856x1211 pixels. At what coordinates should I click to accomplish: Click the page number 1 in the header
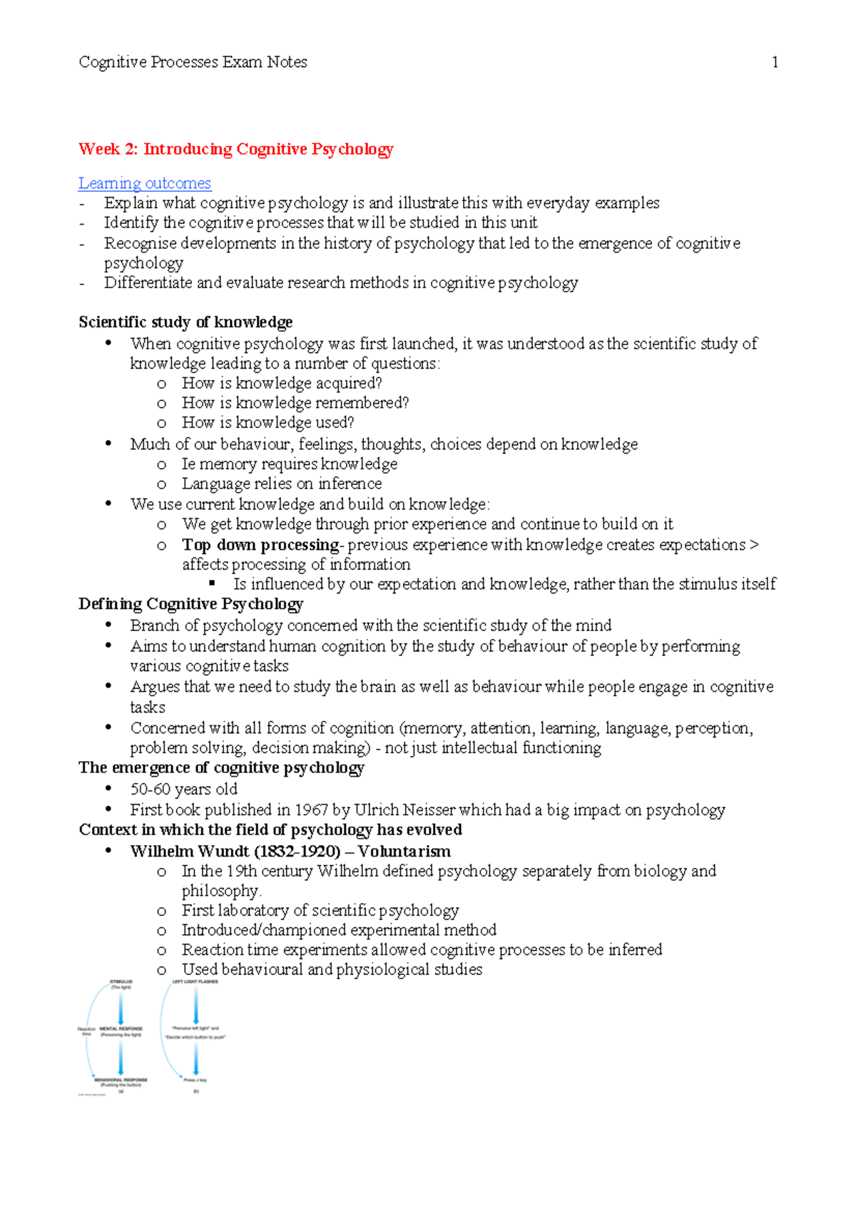pos(775,63)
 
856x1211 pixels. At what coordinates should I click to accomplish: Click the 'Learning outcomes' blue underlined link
pos(145,183)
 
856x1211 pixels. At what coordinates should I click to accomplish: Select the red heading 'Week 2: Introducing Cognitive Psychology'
pos(236,149)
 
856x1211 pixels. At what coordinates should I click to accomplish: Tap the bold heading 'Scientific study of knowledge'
pos(185,322)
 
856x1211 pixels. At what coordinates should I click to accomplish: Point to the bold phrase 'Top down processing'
pos(260,545)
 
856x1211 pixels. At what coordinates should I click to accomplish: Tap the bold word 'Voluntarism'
pos(404,852)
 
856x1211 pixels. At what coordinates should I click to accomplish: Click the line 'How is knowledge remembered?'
pos(295,403)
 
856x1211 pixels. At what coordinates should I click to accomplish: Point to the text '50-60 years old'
pos(183,790)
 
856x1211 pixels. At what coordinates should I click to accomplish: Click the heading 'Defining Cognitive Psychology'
pos(190,605)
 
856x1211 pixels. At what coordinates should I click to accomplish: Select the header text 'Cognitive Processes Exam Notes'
pos(193,63)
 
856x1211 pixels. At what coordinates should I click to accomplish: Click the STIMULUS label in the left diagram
pos(121,982)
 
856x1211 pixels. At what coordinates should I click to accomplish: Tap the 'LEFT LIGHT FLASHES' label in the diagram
pos(195,982)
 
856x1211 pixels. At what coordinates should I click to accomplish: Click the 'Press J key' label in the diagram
pos(195,1080)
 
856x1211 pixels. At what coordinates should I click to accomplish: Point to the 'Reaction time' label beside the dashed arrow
pos(86,1031)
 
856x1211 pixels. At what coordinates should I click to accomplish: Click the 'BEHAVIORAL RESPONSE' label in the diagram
pos(121,1080)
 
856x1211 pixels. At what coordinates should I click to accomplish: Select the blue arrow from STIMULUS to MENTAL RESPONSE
pos(121,1008)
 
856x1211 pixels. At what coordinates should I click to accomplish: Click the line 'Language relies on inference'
pos(281,484)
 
